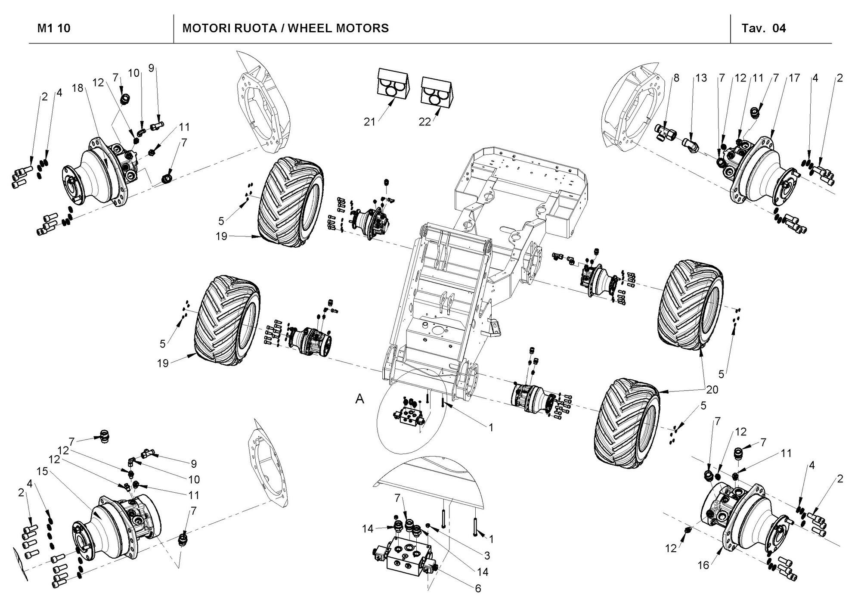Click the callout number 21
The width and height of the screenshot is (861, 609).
369,122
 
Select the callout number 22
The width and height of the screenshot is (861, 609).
425,122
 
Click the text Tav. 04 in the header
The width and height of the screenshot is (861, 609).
763,28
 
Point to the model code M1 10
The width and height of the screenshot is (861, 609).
54,28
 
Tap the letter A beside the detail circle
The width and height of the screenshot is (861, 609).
359,399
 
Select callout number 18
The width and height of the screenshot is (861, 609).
77,88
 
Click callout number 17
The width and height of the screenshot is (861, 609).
794,78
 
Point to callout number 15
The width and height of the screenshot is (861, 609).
42,472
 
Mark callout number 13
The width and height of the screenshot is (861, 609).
701,78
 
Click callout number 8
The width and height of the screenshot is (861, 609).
676,78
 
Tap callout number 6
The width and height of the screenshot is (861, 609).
478,588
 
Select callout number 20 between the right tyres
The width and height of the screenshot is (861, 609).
712,389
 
